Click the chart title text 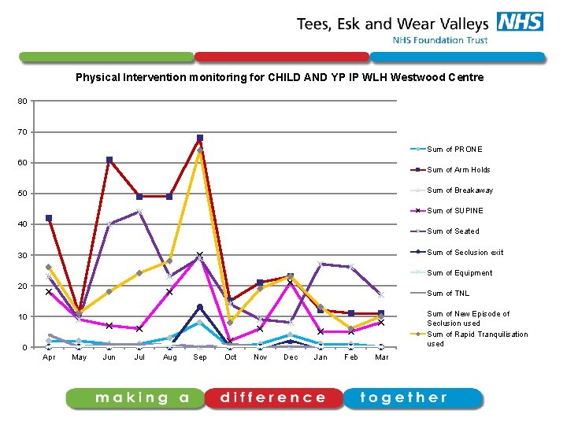click(280, 78)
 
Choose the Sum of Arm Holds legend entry click(458, 170)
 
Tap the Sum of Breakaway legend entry click(460, 190)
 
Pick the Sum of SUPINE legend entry click(455, 211)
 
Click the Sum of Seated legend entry click(453, 231)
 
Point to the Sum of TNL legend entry click(447, 294)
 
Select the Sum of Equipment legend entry click(459, 273)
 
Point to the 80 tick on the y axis click(23, 101)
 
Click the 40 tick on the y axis click(23, 224)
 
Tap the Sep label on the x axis click(200, 357)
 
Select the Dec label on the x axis click(291, 357)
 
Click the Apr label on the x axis click(49, 357)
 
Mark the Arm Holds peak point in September click(200, 138)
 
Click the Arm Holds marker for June click(109, 160)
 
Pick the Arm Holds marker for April click(49, 218)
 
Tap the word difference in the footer click(272, 398)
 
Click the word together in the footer click(404, 398)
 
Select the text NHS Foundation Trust click(440, 40)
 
